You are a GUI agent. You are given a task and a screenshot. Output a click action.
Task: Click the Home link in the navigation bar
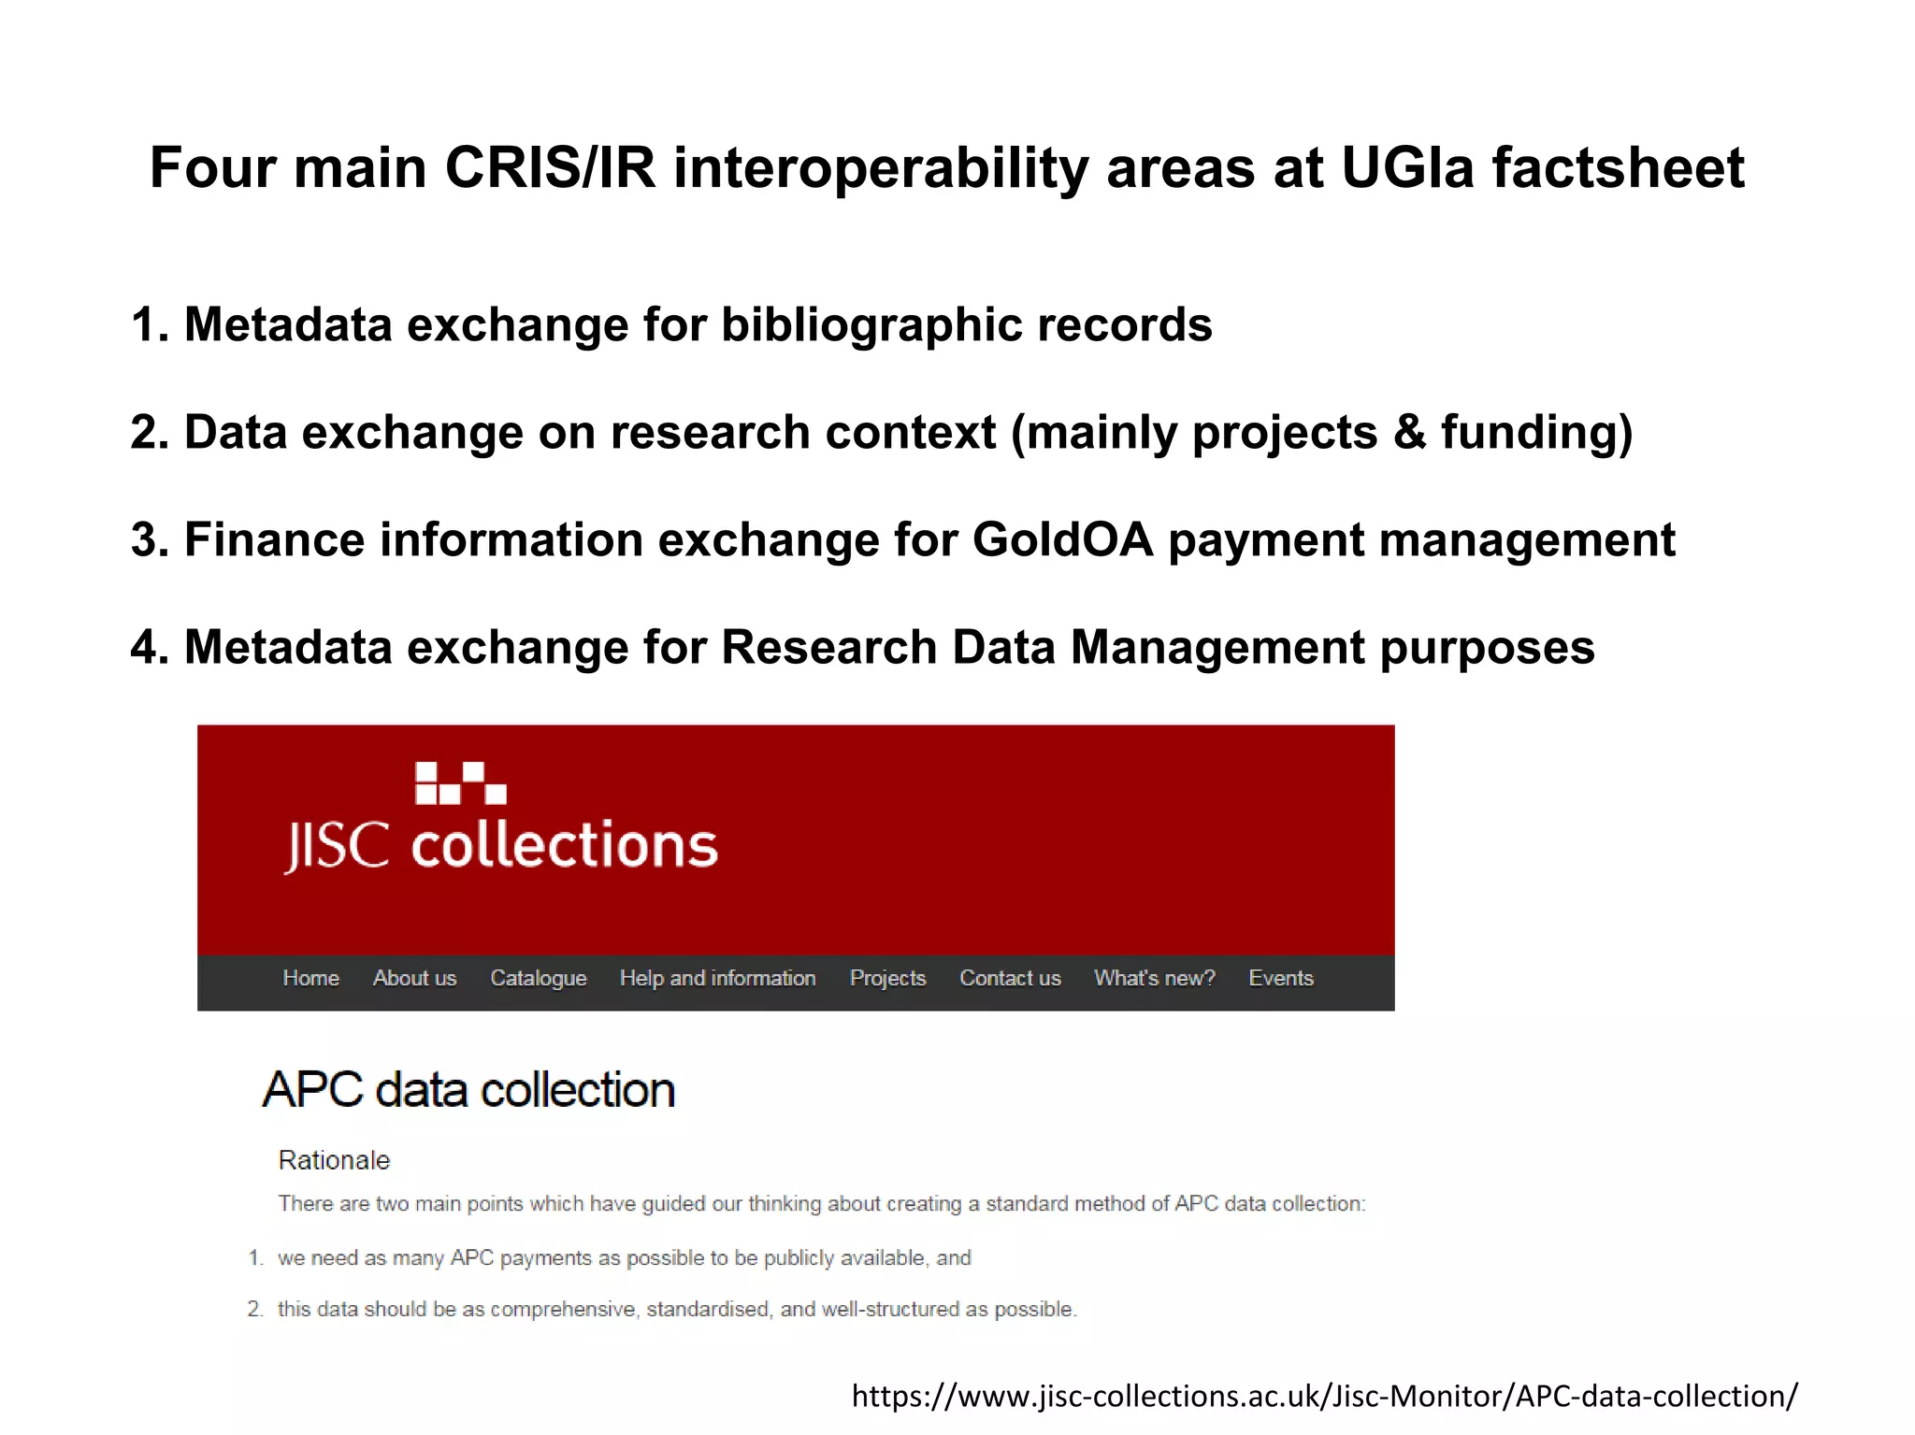pos(310,978)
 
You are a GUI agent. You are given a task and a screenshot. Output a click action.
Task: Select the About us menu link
pos(414,978)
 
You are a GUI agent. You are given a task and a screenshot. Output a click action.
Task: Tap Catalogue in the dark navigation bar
pos(538,978)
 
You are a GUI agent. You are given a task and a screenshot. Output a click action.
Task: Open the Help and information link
pos(717,978)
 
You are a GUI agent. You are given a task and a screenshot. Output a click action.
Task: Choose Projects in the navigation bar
pos(887,978)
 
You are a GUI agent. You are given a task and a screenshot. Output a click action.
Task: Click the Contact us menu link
pos(1010,978)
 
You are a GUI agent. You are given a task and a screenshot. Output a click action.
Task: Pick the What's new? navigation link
pos(1154,978)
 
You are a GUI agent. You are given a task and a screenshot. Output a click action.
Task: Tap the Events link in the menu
pos(1281,978)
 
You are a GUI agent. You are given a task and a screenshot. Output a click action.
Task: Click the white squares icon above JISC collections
pos(460,783)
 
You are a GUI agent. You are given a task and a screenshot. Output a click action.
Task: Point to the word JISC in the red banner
pos(337,845)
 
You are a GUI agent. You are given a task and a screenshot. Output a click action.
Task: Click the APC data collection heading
pos(468,1090)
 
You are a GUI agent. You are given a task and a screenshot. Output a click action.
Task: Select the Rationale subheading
pos(334,1160)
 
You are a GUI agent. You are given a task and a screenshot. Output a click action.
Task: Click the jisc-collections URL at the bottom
pos(1324,1396)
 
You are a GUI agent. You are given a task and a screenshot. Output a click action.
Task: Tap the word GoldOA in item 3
pos(1062,539)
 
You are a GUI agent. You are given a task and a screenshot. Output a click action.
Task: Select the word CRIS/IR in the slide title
pos(550,168)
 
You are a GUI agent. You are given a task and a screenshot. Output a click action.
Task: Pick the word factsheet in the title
pos(1618,168)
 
